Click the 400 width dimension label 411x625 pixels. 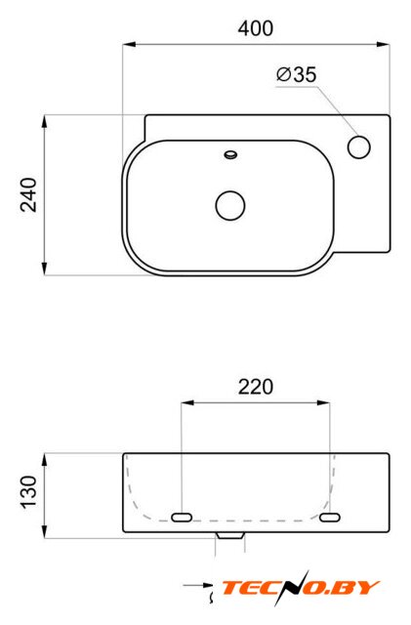click(x=256, y=28)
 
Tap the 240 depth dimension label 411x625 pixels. click(x=28, y=195)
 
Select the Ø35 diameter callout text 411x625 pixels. click(x=297, y=74)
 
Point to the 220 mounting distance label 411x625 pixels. click(x=256, y=387)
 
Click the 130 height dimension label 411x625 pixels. click(x=28, y=492)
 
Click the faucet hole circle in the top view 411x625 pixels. click(x=359, y=146)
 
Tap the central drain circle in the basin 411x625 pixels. click(x=230, y=205)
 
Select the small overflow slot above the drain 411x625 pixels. click(x=230, y=154)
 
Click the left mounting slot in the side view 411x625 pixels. click(x=182, y=518)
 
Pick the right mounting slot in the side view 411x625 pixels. click(x=330, y=518)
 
